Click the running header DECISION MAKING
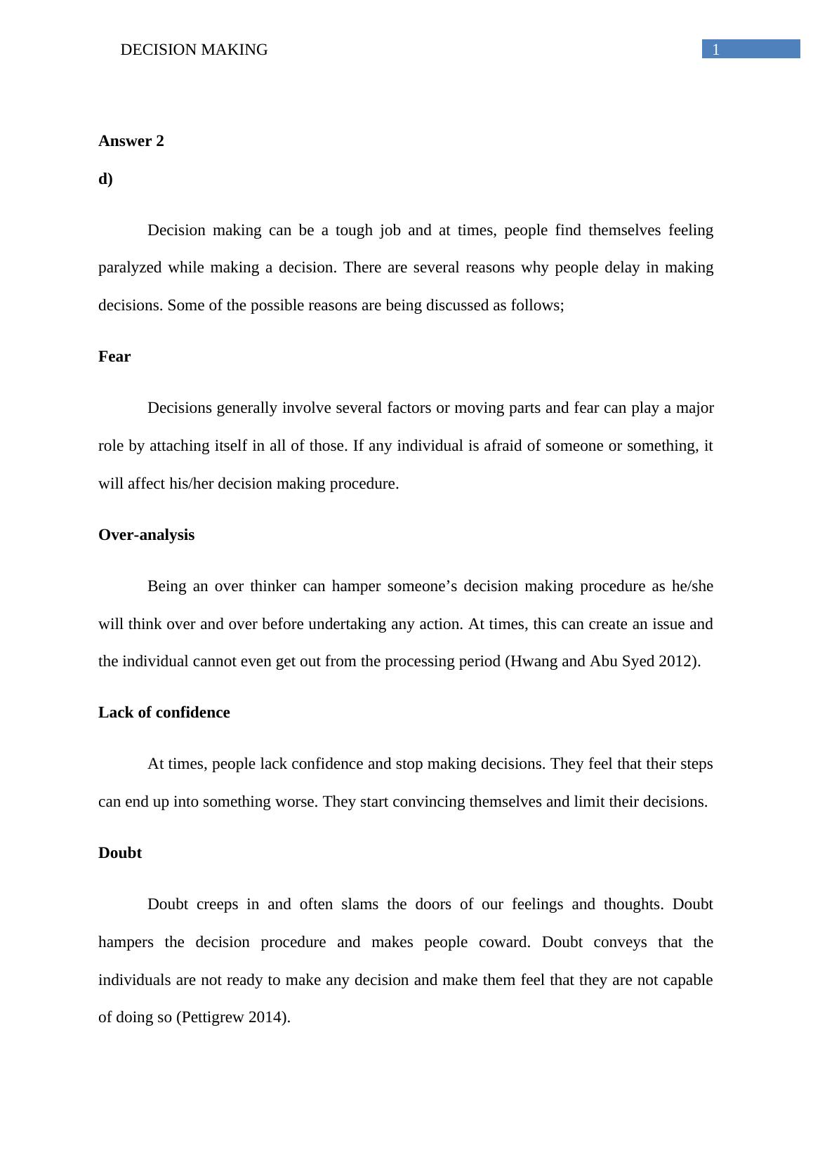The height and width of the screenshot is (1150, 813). click(194, 50)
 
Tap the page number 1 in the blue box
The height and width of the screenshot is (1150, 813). click(716, 50)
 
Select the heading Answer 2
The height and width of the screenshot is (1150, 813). click(131, 141)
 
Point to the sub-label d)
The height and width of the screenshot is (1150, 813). click(105, 179)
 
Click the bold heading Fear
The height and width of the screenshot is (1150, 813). click(114, 357)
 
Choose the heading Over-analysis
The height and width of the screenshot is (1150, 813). click(146, 535)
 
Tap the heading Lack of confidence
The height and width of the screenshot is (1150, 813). click(164, 713)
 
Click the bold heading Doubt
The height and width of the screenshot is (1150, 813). click(120, 853)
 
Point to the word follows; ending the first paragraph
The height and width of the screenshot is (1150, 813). click(537, 305)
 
